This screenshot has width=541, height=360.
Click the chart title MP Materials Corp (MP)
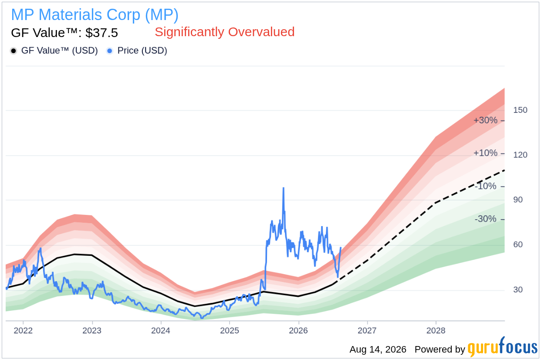click(95, 15)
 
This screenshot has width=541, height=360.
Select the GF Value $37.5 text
click(64, 33)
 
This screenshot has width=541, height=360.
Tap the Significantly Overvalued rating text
click(225, 32)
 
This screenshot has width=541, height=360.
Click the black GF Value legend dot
click(14, 51)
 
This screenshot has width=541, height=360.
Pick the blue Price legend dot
click(110, 51)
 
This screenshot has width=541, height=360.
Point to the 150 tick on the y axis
click(520, 110)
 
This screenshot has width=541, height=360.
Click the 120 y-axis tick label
click(520, 155)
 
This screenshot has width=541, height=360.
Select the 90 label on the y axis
click(518, 200)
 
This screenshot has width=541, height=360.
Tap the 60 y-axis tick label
click(518, 245)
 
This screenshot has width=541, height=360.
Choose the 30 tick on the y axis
click(518, 289)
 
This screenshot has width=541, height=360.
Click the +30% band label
click(485, 120)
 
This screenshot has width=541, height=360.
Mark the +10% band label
click(485, 153)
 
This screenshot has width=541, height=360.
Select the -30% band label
click(485, 219)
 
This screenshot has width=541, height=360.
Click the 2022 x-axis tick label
click(23, 330)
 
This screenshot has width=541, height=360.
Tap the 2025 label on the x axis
click(230, 330)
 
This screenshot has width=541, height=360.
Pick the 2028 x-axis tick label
click(436, 330)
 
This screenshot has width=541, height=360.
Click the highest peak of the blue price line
click(283, 188)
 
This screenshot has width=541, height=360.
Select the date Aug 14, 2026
click(378, 350)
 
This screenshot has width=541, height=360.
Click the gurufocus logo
click(502, 347)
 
